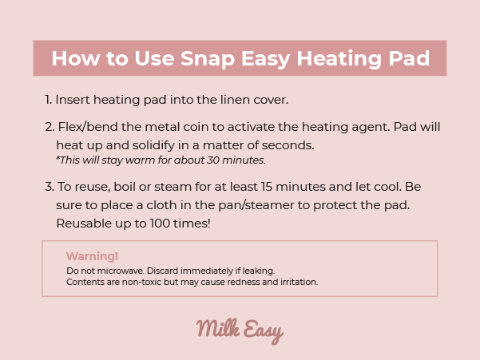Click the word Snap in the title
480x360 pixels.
208,58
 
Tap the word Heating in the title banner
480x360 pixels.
339,58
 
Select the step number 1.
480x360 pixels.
48,100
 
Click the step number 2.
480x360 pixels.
50,127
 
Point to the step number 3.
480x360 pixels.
50,187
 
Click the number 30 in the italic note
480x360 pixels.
213,160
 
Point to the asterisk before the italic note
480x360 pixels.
58,158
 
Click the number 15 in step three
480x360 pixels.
266,187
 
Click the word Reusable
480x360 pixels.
84,224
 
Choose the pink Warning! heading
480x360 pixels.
92,256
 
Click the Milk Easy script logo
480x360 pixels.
240,330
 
